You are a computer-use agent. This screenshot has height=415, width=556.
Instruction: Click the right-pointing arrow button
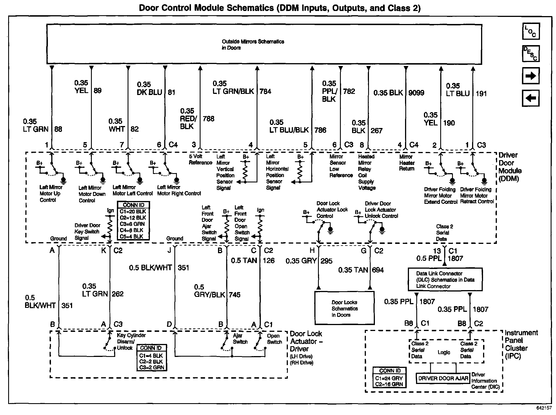tap(531, 76)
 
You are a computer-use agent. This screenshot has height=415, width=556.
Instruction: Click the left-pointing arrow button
tap(531, 98)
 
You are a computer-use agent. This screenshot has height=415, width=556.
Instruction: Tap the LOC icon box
tap(531, 31)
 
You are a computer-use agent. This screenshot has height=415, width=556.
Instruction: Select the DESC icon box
tap(531, 53)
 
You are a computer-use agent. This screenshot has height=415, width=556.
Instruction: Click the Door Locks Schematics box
tap(344, 308)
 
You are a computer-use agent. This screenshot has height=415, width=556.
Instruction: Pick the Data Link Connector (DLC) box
tap(445, 279)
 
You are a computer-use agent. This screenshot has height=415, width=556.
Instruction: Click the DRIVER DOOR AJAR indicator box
tap(443, 378)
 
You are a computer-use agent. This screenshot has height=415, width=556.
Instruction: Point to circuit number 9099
tap(416, 93)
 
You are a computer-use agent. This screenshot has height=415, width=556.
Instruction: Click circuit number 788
tap(208, 119)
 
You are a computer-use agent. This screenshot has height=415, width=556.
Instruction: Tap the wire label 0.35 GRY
tap(301, 261)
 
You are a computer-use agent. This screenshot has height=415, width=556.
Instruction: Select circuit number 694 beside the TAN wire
tap(378, 270)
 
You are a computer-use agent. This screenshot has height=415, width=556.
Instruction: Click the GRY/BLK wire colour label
tap(210, 295)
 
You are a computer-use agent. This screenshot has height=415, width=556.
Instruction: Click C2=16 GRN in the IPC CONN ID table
tap(389, 384)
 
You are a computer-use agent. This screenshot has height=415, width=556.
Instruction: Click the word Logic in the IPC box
tap(444, 352)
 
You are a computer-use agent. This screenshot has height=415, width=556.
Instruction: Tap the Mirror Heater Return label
tap(407, 163)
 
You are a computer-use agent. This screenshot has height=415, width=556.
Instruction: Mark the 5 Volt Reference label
tap(200, 159)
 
